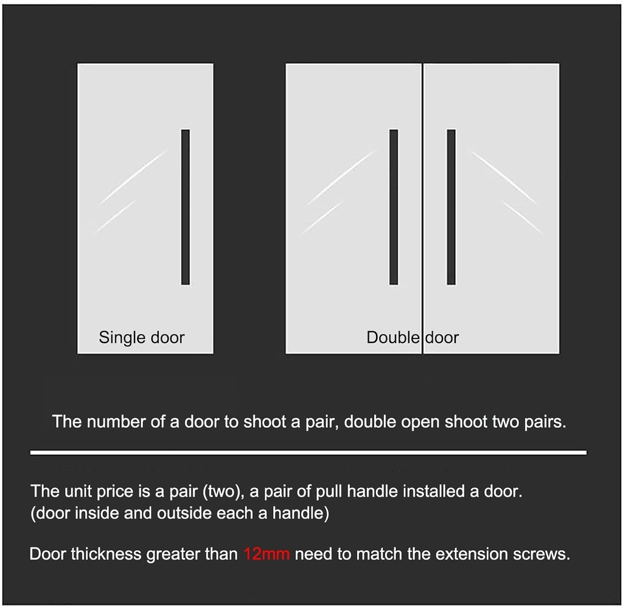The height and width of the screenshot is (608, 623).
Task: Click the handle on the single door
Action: tap(186, 207)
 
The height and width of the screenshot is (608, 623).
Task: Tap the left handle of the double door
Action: tap(394, 207)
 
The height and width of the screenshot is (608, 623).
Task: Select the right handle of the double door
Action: tap(451, 207)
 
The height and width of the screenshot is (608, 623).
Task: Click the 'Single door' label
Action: tap(142, 337)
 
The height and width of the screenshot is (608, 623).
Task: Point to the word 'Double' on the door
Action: tap(393, 337)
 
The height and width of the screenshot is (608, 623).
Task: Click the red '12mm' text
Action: tap(267, 554)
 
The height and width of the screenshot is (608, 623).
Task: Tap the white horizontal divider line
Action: tap(308, 452)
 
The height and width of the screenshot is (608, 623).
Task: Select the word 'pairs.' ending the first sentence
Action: tap(545, 422)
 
